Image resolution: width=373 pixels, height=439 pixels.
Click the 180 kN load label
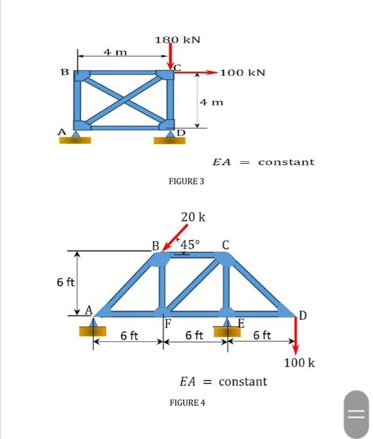177,40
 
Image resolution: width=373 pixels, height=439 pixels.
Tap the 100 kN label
243,73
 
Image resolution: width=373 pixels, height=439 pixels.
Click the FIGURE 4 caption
187,402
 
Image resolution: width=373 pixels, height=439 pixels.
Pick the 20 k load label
192,218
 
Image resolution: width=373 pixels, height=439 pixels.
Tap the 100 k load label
299,363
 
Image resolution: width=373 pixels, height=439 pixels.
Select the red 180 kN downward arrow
171,58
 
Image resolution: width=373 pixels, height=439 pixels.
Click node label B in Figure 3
64,73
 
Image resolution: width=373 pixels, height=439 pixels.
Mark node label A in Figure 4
89,309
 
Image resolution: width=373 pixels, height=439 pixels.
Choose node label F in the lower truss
168,324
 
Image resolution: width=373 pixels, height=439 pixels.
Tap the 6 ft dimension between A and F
130,336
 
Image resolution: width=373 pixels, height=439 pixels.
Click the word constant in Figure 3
286,162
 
